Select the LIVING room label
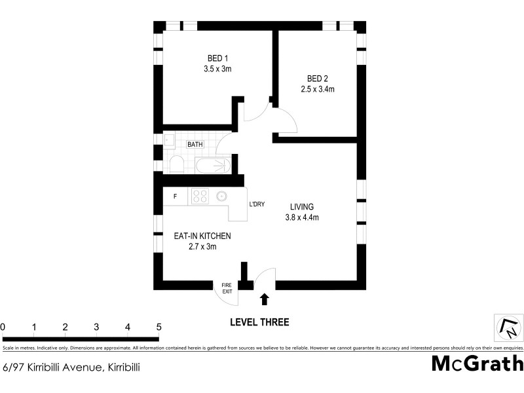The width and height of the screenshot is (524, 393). (x=302, y=212)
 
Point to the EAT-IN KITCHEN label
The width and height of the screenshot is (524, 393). (x=202, y=241)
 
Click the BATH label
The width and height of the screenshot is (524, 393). (x=195, y=144)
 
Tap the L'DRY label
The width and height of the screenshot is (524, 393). (x=257, y=204)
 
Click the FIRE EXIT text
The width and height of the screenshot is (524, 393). (x=227, y=288)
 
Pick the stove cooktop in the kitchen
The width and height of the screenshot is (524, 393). (x=199, y=196)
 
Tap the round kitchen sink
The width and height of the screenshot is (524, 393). (x=222, y=195)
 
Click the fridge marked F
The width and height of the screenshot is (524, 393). (x=175, y=196)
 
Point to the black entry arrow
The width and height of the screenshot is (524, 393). (x=265, y=299)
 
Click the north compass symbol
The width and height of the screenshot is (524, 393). (x=508, y=326)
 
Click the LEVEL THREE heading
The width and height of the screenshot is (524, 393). (x=259, y=322)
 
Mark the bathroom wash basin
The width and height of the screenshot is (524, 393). (x=168, y=140)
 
